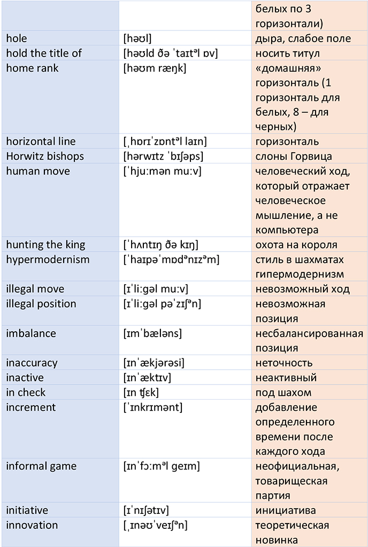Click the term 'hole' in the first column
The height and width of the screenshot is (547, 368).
(x=17, y=38)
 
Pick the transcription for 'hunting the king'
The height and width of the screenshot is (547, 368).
(x=160, y=245)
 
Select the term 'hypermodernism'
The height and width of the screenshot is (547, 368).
(x=48, y=260)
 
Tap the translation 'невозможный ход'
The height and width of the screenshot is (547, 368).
(x=303, y=289)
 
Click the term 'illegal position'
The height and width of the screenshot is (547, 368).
(x=41, y=304)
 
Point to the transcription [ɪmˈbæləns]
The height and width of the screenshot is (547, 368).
(x=152, y=333)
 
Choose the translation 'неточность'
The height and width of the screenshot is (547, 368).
(x=284, y=363)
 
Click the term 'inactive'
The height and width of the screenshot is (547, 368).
(x=25, y=378)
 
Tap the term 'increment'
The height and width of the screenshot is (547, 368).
(x=30, y=408)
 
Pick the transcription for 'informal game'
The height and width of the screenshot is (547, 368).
(x=161, y=466)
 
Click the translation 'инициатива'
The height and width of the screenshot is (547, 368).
(x=286, y=510)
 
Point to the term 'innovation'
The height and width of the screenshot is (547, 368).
(x=32, y=525)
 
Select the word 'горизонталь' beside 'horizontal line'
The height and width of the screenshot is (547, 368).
(x=287, y=142)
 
